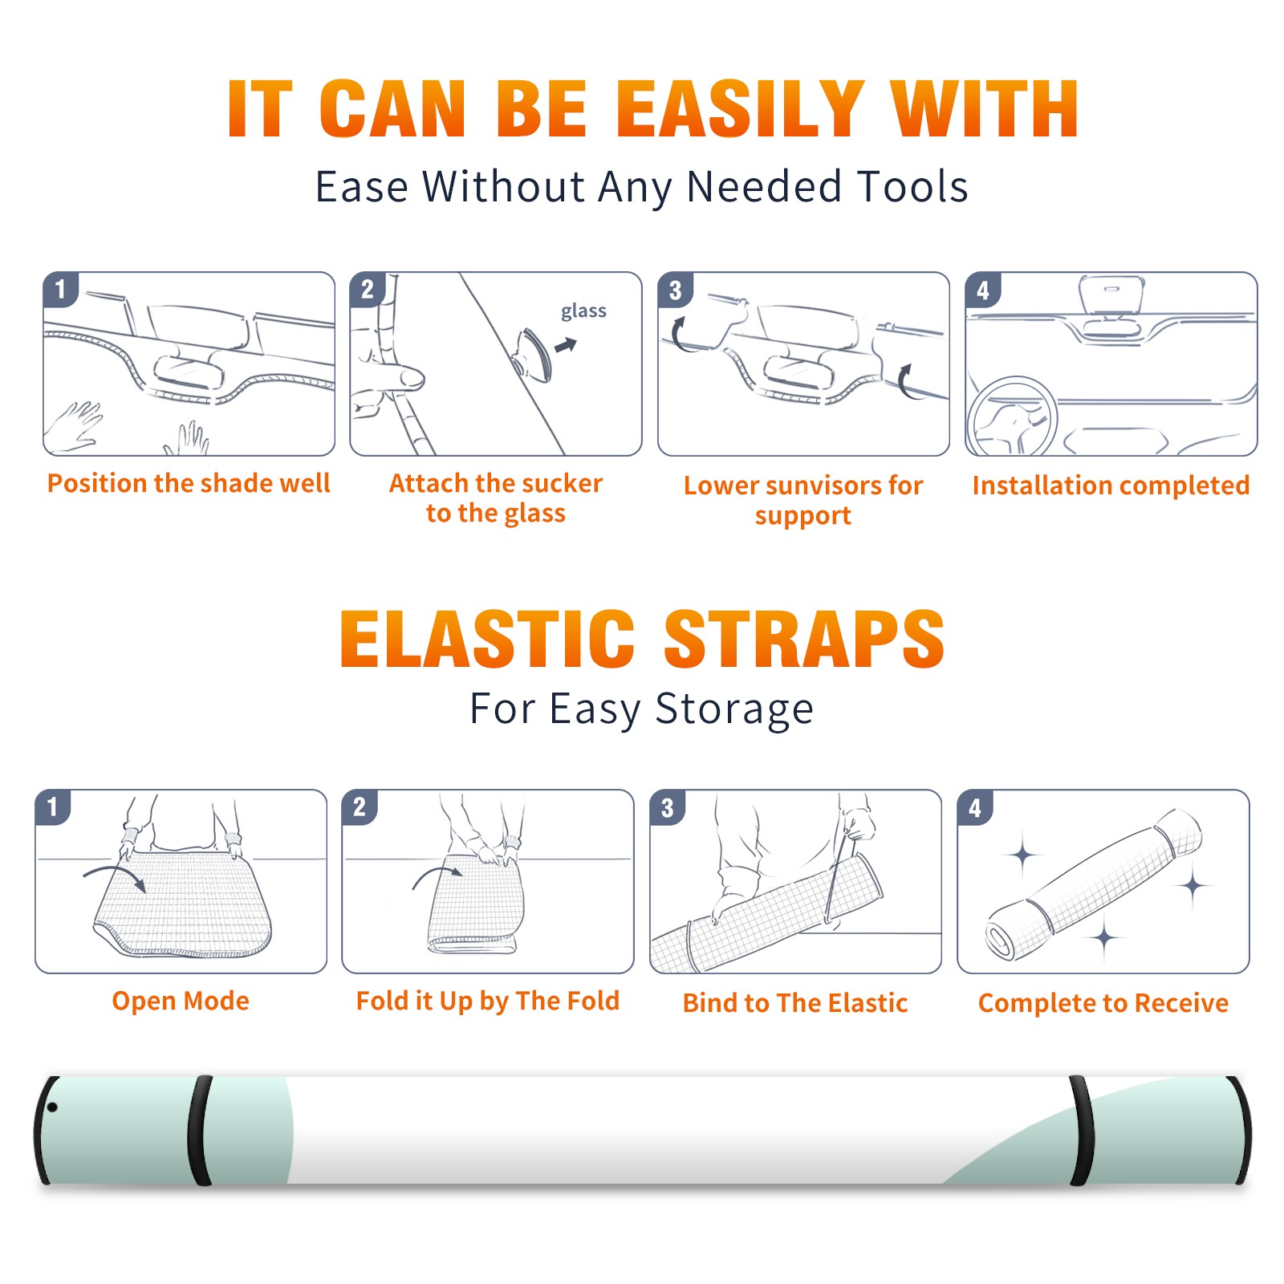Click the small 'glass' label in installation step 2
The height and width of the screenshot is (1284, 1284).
click(583, 311)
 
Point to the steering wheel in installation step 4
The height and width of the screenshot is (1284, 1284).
click(1012, 416)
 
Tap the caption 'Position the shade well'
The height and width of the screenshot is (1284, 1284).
click(189, 483)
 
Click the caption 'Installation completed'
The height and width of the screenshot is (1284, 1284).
click(1111, 486)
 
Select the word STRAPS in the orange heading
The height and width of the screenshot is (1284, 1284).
click(804, 639)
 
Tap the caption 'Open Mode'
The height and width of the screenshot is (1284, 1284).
click(181, 1001)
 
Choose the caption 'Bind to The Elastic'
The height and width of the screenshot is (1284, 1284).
click(795, 1003)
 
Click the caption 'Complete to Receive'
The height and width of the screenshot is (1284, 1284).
click(1103, 1003)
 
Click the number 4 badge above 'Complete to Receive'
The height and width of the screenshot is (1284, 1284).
click(975, 807)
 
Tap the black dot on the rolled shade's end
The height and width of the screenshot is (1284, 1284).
click(52, 1107)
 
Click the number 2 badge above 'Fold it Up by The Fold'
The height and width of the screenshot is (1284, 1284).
click(360, 807)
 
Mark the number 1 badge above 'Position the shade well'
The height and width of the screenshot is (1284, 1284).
click(61, 290)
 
